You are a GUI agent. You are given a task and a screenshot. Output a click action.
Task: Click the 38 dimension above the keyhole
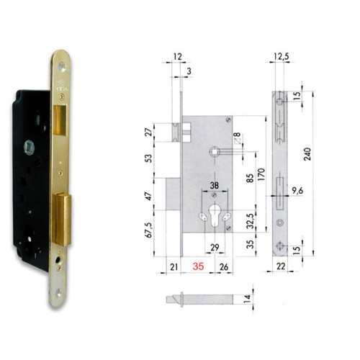(214, 184)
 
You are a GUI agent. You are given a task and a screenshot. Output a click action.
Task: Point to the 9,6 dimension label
(298, 192)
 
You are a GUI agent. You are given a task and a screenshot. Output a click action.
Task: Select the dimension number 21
(174, 267)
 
